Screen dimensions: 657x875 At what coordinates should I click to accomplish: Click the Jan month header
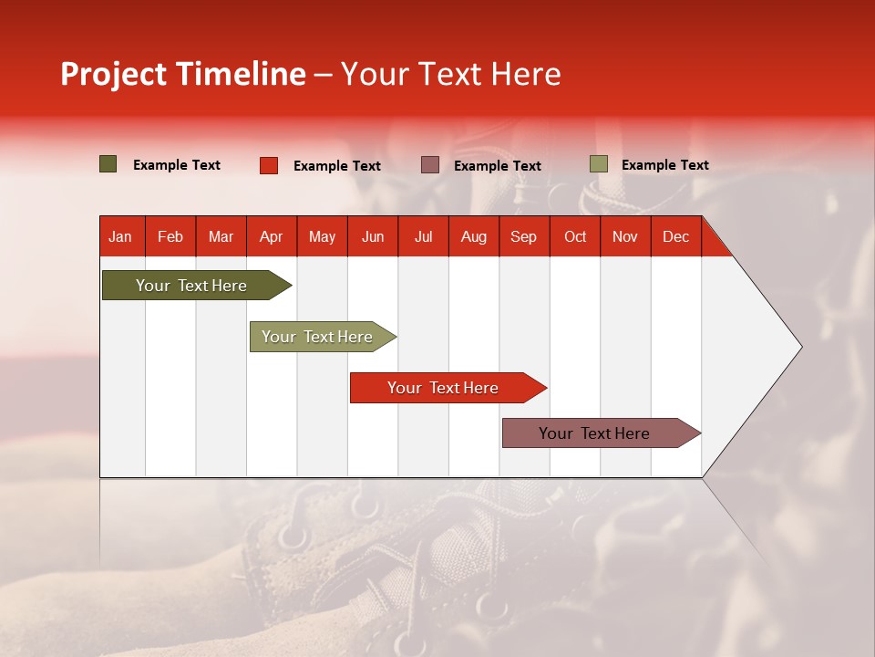[x=120, y=236]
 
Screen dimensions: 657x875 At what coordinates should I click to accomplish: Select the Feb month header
[x=170, y=236]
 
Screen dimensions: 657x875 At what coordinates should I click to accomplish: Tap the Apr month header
[x=271, y=236]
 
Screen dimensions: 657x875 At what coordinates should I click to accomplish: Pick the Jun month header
[x=373, y=236]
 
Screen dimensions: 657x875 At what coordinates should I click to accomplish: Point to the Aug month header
[x=473, y=236]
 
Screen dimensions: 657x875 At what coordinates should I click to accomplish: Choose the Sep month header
[x=523, y=236]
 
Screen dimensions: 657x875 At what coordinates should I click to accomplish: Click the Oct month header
[x=575, y=236]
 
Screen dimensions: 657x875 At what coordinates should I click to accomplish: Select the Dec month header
[x=675, y=236]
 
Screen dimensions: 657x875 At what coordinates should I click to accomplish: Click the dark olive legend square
[x=108, y=164]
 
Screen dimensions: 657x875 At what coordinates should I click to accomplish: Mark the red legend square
[x=269, y=165]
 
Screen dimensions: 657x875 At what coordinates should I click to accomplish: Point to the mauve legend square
[x=430, y=165]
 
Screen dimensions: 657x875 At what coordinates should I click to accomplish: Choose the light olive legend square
[x=599, y=164]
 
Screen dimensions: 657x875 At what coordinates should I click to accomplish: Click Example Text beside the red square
[x=337, y=166]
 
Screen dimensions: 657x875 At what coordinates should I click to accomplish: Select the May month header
[x=322, y=236]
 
